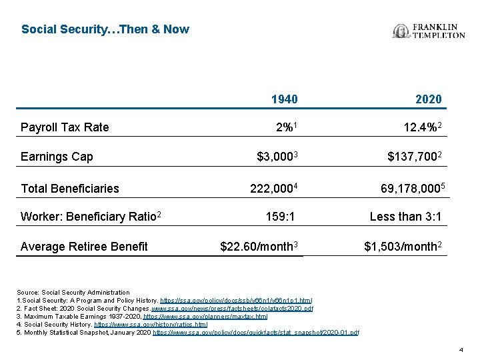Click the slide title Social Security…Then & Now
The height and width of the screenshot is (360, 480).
(x=105, y=29)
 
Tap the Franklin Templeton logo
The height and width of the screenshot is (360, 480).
(x=429, y=31)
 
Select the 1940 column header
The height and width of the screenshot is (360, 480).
(x=284, y=99)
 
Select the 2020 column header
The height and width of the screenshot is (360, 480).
(x=428, y=99)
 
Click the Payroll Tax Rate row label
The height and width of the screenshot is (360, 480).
(x=65, y=127)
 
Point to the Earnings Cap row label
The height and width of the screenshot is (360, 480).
(x=57, y=157)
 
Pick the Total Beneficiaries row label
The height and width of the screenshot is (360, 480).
(x=70, y=188)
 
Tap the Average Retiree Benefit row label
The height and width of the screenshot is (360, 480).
(x=84, y=247)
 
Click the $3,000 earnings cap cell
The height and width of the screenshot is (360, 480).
(x=277, y=157)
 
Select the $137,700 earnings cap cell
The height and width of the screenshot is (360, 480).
(x=414, y=157)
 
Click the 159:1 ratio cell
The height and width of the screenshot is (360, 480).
(x=280, y=217)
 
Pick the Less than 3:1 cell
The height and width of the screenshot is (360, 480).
(x=405, y=217)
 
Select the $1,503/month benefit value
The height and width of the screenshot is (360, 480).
(x=402, y=247)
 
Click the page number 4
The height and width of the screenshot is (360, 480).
(x=461, y=350)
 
